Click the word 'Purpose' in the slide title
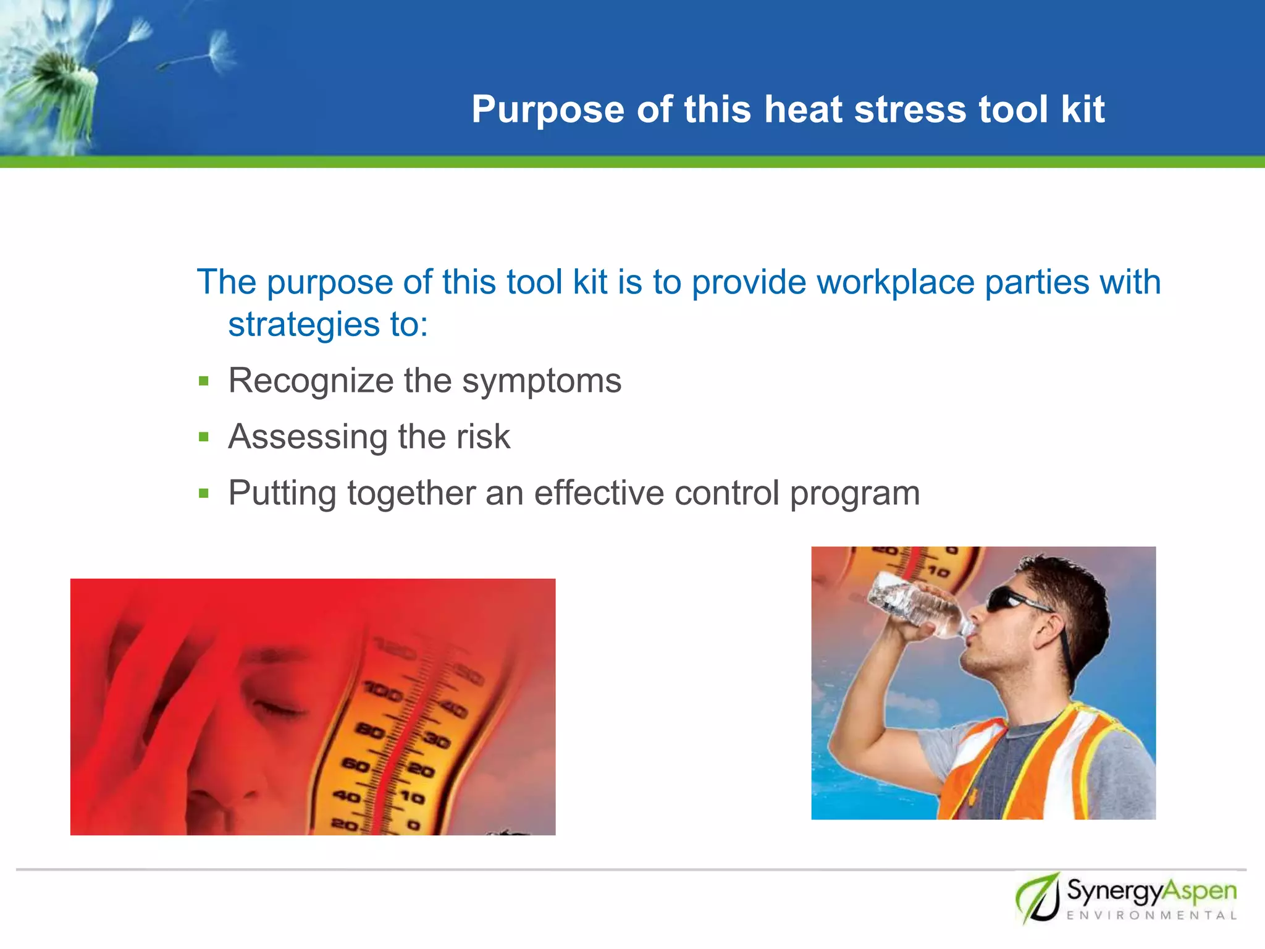(x=548, y=110)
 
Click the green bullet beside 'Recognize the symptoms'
(x=204, y=381)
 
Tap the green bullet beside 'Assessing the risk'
(x=204, y=437)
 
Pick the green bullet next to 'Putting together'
(x=204, y=494)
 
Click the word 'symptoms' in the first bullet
(x=542, y=381)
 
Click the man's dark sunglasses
(x=1013, y=599)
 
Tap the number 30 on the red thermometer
(x=436, y=739)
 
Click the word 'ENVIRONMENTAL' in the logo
(x=1151, y=916)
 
